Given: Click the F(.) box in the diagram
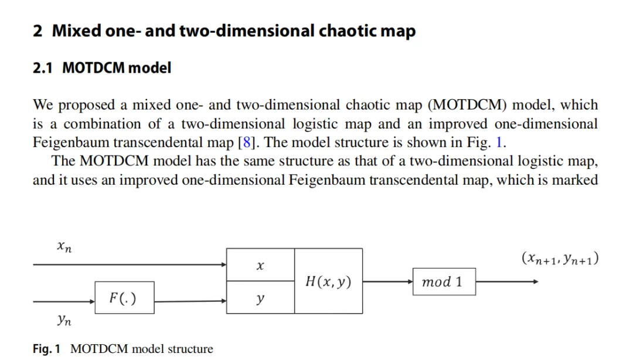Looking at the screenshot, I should (123, 298).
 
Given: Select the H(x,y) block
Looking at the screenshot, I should (328, 281).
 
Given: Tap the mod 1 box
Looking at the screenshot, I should (444, 282).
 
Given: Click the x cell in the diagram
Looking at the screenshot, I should (260, 266).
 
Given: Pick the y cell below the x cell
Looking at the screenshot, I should (260, 298).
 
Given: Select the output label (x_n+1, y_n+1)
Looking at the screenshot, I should (560, 258).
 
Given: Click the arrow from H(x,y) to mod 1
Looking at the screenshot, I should (387, 282).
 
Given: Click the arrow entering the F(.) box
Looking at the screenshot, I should (64, 301).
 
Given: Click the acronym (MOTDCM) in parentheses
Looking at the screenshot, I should (470, 106).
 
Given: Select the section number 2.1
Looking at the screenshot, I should (43, 68).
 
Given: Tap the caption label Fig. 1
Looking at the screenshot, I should (46, 349).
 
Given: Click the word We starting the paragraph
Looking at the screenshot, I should (43, 106).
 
